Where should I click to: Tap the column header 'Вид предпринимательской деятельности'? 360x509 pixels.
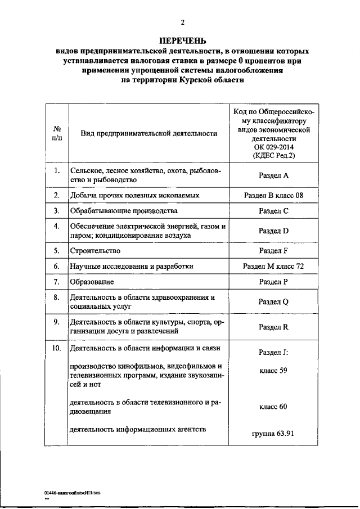click(x=148, y=133)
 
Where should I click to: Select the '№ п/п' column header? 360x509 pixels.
click(x=56, y=133)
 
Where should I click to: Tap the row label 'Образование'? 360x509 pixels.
click(x=92, y=281)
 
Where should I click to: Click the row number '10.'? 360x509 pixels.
click(x=56, y=348)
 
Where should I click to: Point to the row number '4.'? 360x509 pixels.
click(x=56, y=226)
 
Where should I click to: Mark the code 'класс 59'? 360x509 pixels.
click(x=273, y=371)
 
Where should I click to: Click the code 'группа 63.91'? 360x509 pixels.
click(x=273, y=434)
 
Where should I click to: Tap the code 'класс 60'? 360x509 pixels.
click(x=273, y=406)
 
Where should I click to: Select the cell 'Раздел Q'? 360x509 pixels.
click(x=273, y=301)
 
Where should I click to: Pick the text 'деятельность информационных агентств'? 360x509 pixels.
click(x=137, y=430)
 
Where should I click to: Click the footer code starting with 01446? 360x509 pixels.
click(x=73, y=492)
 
